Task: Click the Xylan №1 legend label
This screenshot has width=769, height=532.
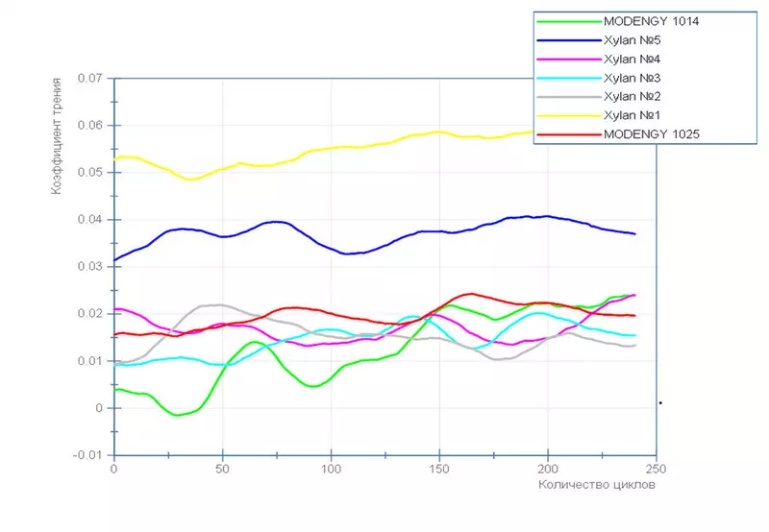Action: [x=630, y=115]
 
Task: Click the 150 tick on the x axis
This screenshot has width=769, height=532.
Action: [x=439, y=469]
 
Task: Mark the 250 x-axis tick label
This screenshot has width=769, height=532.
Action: [x=656, y=469]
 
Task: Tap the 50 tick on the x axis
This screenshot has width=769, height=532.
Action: [x=222, y=469]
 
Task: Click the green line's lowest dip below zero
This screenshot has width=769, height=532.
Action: [x=177, y=415]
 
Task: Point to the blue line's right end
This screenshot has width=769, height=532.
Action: [x=634, y=234]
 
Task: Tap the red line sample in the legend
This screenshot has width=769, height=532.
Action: [x=567, y=133]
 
